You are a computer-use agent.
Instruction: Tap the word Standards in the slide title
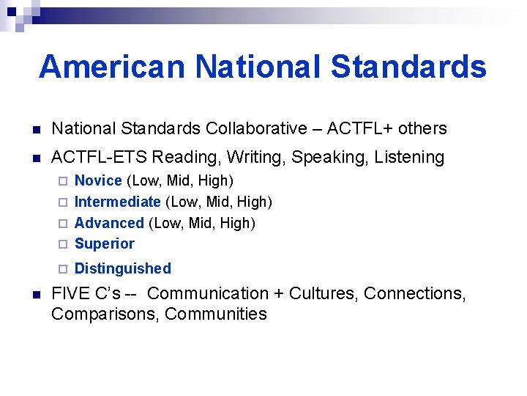(408, 67)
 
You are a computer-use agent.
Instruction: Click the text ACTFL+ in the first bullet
(359, 128)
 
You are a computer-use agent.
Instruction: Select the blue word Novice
(98, 180)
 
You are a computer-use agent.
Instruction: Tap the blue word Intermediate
(118, 202)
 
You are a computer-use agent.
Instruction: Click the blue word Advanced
(109, 223)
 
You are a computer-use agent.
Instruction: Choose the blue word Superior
(105, 243)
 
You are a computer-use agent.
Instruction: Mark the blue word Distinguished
(123, 268)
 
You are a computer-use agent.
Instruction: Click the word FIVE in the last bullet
(71, 293)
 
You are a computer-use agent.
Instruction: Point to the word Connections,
(414, 293)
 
